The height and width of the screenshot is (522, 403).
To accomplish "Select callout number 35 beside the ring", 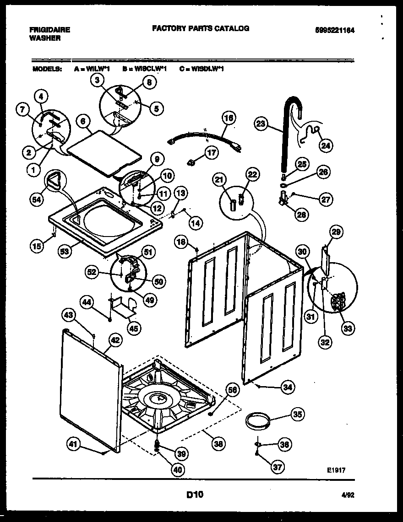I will [x=297, y=415].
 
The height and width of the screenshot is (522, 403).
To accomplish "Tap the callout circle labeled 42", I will [x=114, y=339].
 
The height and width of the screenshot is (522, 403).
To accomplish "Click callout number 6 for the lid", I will [x=82, y=121].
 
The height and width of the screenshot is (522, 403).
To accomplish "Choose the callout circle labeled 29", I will [x=336, y=232].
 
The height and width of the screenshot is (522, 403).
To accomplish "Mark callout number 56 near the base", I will [x=233, y=390].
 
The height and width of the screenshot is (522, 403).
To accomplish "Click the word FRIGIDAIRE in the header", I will [x=49, y=30].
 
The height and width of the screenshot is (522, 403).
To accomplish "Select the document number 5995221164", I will [x=335, y=30].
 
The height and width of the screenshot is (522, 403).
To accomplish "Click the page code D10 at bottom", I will [x=195, y=495].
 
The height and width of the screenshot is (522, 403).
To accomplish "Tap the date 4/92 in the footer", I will [x=348, y=495].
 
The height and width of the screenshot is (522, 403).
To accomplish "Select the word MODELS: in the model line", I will [x=47, y=69].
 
